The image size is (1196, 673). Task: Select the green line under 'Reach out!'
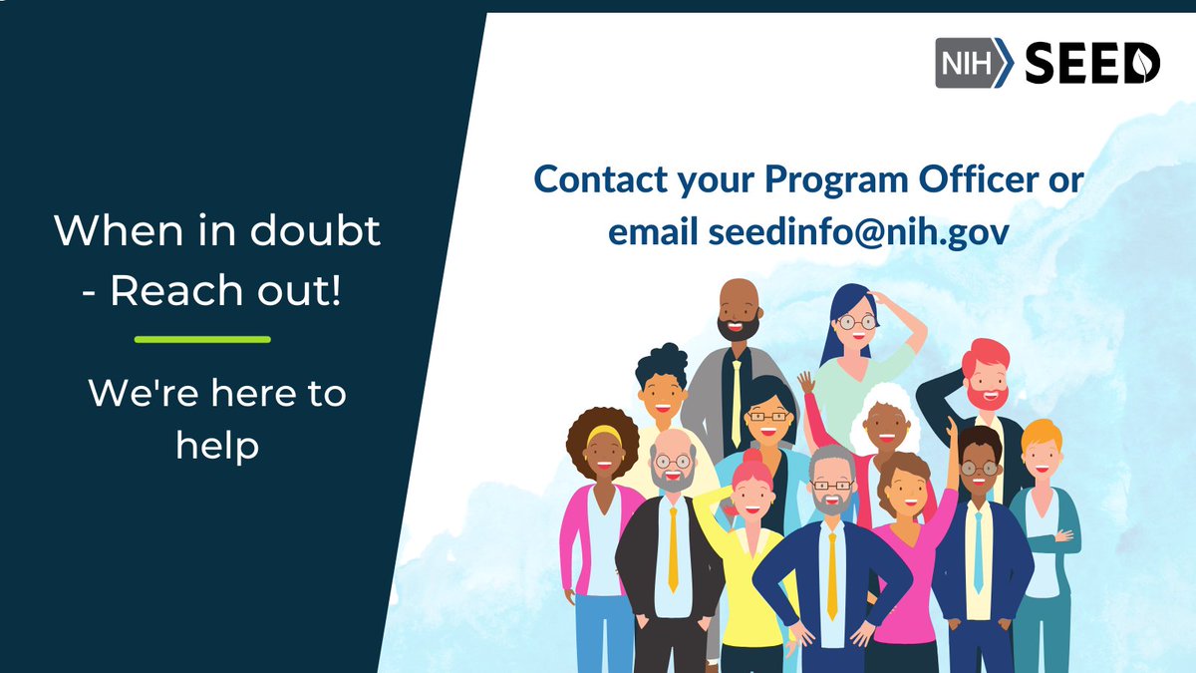coord(202,340)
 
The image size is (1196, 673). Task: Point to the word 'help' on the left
coord(217,445)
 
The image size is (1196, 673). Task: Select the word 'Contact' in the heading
coord(592,180)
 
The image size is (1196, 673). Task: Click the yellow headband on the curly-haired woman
coord(603,434)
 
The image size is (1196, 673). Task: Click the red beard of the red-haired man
coord(987,396)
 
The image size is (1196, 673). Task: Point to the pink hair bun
coord(752,461)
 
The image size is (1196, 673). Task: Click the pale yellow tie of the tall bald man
coord(737,400)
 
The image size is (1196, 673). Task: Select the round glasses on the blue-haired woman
coord(855,322)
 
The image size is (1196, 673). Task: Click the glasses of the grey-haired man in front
coord(831,485)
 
